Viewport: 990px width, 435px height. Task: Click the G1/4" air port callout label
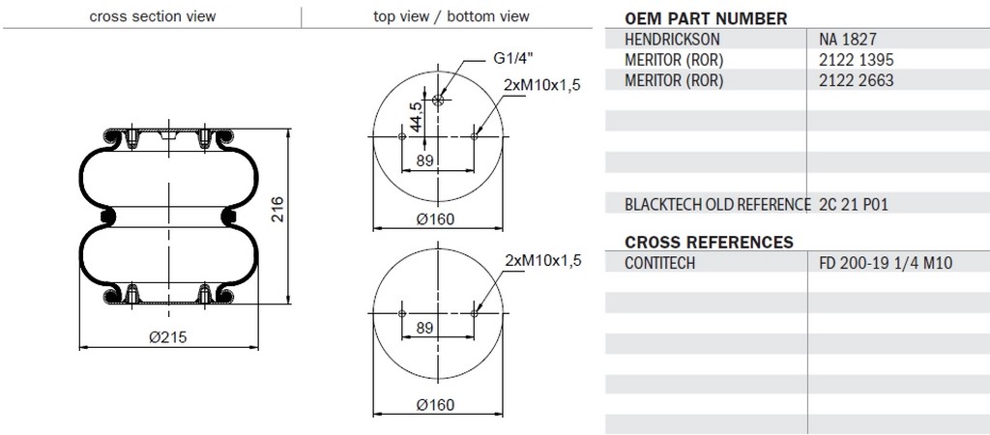512,59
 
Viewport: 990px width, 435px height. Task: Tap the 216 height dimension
277,209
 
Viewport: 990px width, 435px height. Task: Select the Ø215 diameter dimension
168,337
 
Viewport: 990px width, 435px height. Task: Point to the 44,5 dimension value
415,117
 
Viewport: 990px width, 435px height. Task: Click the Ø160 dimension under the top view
435,219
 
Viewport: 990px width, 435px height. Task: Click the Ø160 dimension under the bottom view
435,405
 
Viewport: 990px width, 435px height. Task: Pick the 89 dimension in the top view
425,161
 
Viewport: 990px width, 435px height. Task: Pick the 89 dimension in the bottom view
425,328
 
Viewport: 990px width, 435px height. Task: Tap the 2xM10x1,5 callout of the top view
541,85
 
